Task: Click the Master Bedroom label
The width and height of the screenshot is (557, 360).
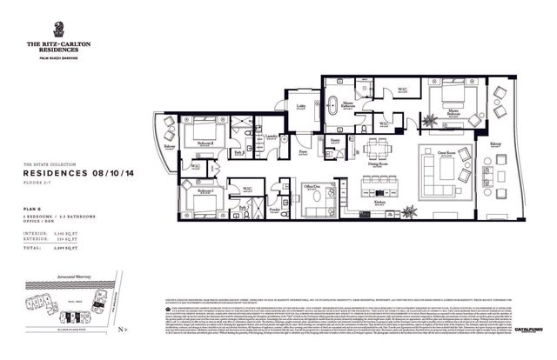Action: (x=453, y=111)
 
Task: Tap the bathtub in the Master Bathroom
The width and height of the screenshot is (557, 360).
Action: (x=335, y=105)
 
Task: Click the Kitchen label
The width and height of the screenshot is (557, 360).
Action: (x=380, y=202)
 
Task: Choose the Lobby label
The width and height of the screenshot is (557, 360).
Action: (x=300, y=107)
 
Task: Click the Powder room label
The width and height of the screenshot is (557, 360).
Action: (x=275, y=209)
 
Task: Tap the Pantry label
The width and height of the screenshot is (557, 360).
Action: (x=335, y=138)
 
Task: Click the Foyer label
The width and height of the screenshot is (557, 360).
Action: (x=303, y=152)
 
